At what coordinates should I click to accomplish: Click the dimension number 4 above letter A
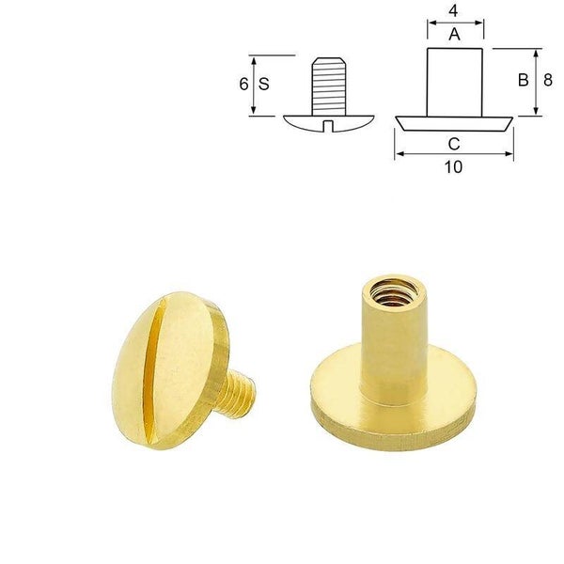click(x=453, y=10)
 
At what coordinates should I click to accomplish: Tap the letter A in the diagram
click(x=455, y=35)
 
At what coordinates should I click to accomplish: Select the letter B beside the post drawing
click(x=524, y=80)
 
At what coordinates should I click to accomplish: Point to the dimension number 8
click(x=548, y=80)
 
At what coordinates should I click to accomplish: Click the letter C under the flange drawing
click(x=454, y=144)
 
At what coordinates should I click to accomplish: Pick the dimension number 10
click(x=453, y=167)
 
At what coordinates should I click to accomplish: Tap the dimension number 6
click(x=243, y=84)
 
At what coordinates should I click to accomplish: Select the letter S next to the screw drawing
click(x=263, y=84)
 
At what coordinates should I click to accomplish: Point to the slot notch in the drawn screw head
click(x=328, y=126)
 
